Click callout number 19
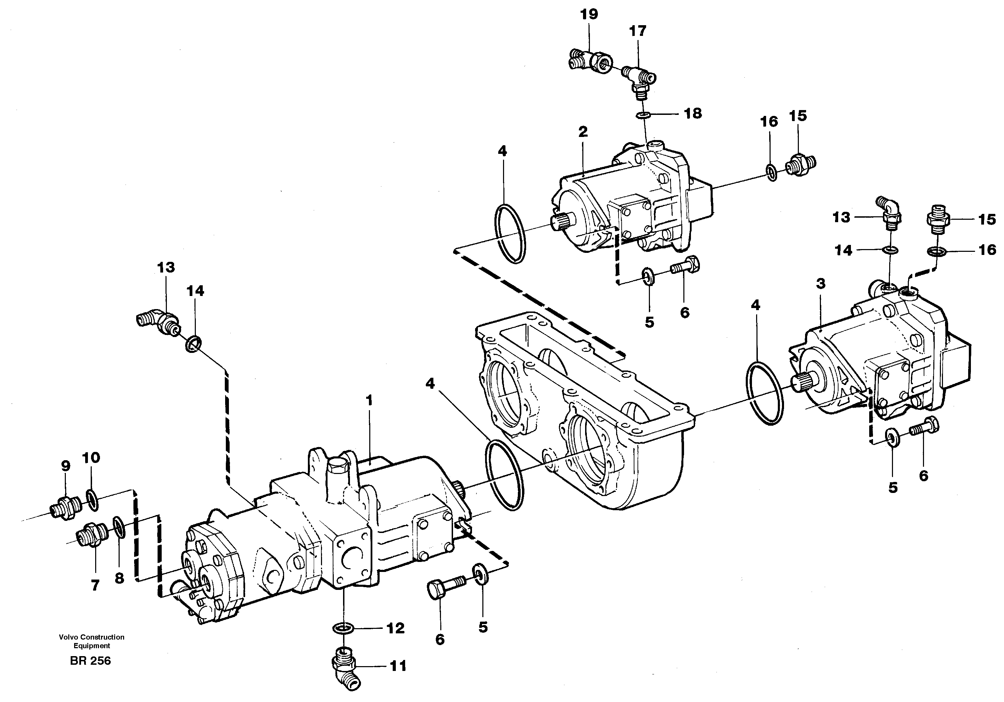(589, 14)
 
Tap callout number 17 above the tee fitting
(637, 31)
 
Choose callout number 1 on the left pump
(370, 400)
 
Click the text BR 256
(91, 661)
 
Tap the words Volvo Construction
(92, 637)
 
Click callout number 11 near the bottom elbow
(398, 666)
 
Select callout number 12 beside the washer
(395, 629)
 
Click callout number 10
(91, 458)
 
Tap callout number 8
(119, 578)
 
